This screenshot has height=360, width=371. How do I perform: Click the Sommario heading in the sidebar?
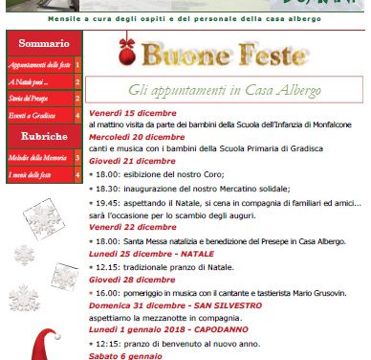[43, 44]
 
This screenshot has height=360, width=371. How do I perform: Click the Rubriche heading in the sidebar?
[43, 136]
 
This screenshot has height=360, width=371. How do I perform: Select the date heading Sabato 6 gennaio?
[123, 357]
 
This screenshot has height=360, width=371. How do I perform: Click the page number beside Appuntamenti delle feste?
[77, 64]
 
